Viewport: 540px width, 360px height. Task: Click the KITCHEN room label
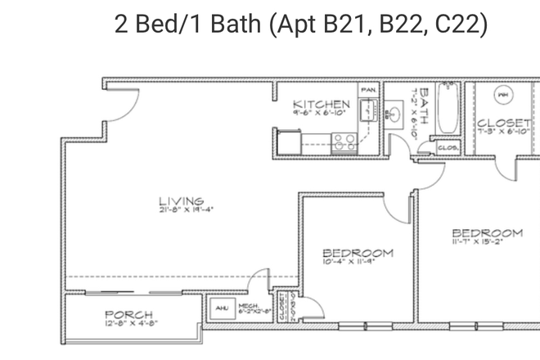(322, 105)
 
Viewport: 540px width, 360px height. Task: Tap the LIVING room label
(181, 200)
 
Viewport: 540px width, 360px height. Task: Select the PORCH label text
(128, 315)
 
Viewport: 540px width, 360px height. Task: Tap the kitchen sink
(371, 109)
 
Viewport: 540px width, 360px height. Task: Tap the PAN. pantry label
(369, 89)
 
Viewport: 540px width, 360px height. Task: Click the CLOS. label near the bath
(448, 147)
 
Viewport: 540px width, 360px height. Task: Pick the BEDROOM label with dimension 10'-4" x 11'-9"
(357, 253)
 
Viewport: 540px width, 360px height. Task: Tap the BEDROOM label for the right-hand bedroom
(486, 232)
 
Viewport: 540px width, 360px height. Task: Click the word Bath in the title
(227, 25)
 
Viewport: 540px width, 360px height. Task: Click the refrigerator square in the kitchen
(286, 142)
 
